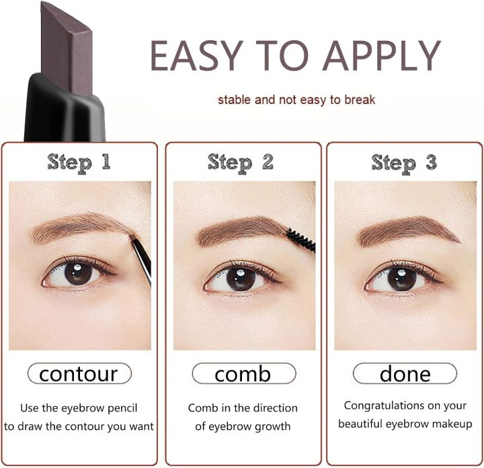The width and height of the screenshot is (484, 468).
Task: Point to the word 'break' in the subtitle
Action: pyautogui.click(x=360, y=100)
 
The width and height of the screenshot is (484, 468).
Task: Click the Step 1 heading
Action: pyautogui.click(x=79, y=162)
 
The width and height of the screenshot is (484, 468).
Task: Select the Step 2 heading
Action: pyautogui.click(x=241, y=162)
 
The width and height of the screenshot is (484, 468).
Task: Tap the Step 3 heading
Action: pyautogui.click(x=403, y=162)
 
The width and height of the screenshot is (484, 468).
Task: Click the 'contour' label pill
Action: pyautogui.click(x=79, y=373)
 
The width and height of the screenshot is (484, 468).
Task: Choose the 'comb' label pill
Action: pyautogui.click(x=243, y=373)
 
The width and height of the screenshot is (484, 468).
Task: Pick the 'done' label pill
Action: pyautogui.click(x=405, y=373)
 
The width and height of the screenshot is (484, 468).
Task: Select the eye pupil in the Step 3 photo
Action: pyautogui.click(x=401, y=277)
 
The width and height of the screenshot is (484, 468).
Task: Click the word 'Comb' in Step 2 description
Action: pyautogui.click(x=202, y=408)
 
